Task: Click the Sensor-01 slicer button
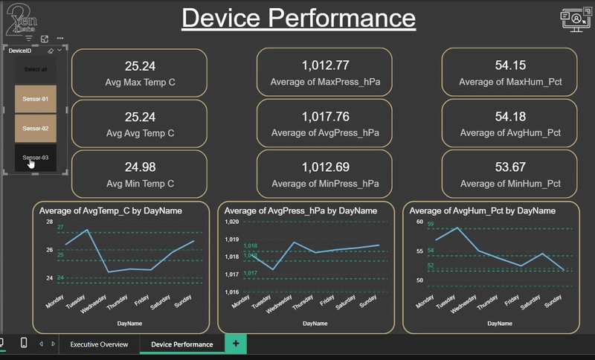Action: click(35, 98)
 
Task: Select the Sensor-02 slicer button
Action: click(35, 128)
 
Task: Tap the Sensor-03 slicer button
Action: click(35, 157)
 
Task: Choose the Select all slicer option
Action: click(35, 69)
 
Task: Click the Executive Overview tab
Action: click(99, 344)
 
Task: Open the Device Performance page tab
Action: click(182, 344)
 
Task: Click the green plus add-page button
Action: click(236, 344)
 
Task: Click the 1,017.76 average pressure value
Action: click(325, 117)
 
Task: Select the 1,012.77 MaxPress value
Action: click(325, 65)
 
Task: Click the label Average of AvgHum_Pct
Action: click(510, 133)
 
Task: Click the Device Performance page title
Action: click(298, 19)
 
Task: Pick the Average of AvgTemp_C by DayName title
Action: click(111, 211)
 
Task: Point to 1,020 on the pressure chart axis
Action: click(231, 222)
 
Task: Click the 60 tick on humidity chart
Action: click(419, 222)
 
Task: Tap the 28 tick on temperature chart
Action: click(49, 222)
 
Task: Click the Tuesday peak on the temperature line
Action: click(88, 231)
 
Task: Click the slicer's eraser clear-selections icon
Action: click(50, 51)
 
